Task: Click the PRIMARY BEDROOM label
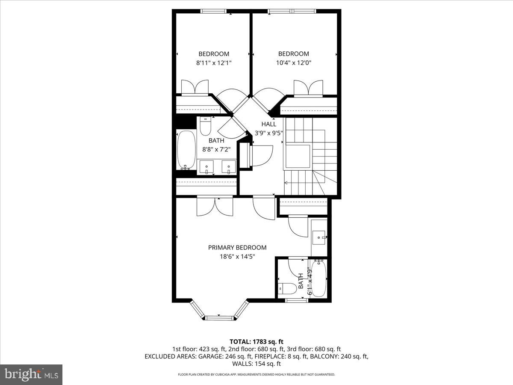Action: click(237, 247)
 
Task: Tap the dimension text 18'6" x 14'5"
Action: click(237, 256)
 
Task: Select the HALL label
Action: click(269, 124)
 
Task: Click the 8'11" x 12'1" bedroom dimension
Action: click(214, 62)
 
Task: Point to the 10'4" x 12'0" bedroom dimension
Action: click(294, 62)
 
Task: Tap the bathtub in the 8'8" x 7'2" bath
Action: click(186, 150)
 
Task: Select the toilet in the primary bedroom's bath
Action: click(287, 289)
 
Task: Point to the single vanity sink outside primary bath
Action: click(319, 236)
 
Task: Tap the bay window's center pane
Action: click(219, 317)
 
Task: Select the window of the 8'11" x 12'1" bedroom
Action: click(214, 11)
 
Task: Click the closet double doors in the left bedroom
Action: click(195, 87)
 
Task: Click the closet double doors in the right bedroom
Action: click(308, 87)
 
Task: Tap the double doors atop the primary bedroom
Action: click(215, 206)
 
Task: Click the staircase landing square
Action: click(298, 156)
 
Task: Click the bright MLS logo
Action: click(31, 374)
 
